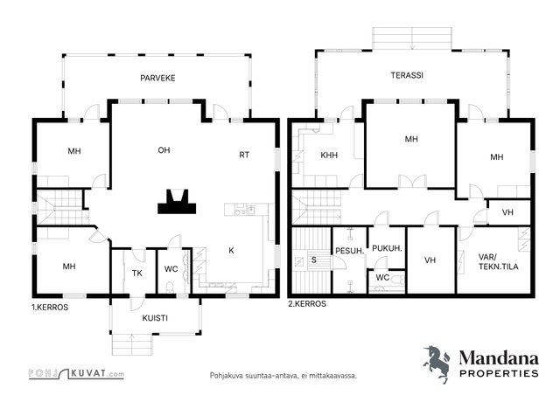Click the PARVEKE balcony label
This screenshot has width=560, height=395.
[157, 78]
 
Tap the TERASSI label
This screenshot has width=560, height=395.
[407, 75]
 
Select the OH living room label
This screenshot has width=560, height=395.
[164, 150]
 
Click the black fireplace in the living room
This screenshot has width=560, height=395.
[177, 202]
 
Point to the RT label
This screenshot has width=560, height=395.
[244, 155]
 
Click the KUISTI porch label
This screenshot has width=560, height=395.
[155, 318]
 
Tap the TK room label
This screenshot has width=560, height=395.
[137, 274]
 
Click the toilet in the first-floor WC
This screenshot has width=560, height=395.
[171, 288]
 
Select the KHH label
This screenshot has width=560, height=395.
[329, 156]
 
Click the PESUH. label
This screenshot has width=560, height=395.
[350, 251]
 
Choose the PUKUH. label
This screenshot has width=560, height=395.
[387, 248]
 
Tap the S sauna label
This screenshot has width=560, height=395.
[314, 260]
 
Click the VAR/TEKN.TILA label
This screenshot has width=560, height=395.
[498, 261]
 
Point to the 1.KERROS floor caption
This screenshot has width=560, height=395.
[50, 308]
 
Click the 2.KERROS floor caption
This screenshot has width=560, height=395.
[307, 303]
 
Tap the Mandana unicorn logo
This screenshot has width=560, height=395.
[437, 364]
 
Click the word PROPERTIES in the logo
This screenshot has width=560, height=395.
[499, 374]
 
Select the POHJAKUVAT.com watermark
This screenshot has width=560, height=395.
[76, 374]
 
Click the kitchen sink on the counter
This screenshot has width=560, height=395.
[251, 210]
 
